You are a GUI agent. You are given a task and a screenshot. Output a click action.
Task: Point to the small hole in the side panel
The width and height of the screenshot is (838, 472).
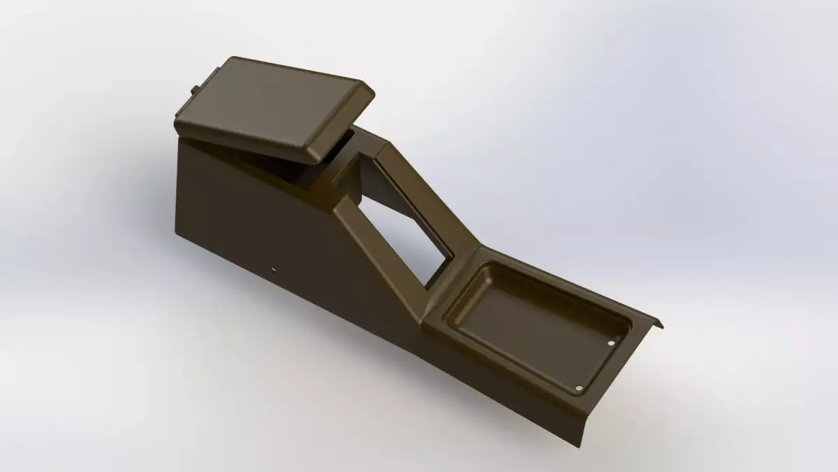tap(274, 269)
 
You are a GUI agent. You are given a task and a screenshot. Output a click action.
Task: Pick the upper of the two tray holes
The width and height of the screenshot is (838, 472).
tap(612, 343)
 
